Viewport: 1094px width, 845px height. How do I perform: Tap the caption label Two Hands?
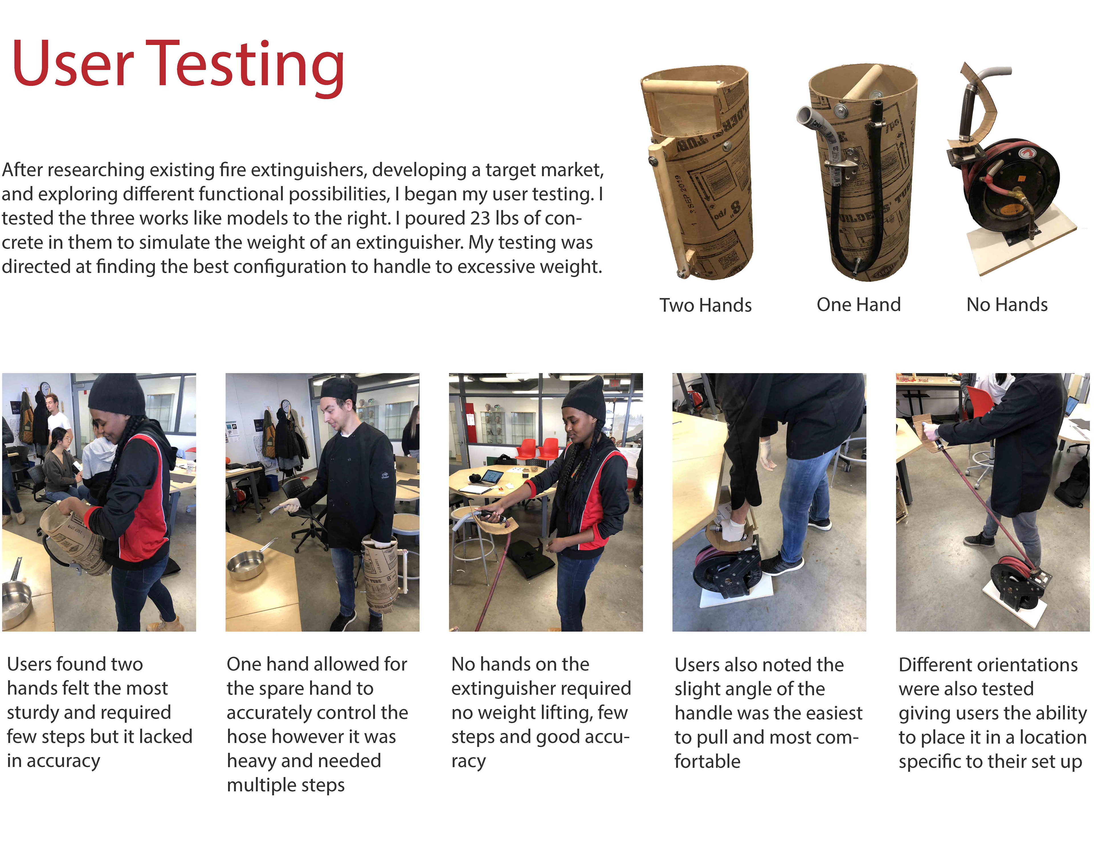tap(705, 305)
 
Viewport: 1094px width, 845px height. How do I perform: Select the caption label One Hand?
tap(859, 304)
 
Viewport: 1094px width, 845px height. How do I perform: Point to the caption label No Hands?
tap(1007, 304)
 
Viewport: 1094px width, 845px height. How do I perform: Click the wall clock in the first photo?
tap(45, 389)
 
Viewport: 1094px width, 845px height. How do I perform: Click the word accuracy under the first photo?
tap(64, 761)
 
